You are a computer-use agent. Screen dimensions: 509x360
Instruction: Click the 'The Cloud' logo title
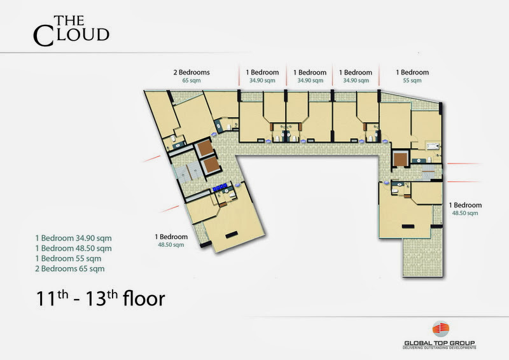click(71, 31)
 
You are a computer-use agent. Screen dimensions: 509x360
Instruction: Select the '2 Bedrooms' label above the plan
click(192, 73)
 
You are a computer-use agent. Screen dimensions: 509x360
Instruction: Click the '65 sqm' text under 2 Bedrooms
click(192, 81)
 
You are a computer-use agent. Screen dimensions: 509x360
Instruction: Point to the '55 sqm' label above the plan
click(412, 81)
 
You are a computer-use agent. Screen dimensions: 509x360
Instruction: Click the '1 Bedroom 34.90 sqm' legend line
click(73, 239)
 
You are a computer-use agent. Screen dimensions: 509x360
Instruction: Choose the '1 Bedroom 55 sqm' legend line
click(68, 259)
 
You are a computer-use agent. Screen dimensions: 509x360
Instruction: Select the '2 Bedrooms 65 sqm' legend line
click(70, 269)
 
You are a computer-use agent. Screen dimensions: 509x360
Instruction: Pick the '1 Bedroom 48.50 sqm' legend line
click(73, 248)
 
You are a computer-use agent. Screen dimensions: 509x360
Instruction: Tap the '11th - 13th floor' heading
click(101, 298)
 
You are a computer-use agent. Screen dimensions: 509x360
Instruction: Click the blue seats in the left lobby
click(220, 187)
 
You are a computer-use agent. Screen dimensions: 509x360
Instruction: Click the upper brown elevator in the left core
click(205, 148)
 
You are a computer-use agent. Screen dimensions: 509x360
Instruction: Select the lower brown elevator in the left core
click(212, 165)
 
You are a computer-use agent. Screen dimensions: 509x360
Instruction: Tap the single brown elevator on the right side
click(400, 159)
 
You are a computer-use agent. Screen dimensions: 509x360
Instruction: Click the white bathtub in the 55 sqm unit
click(433, 146)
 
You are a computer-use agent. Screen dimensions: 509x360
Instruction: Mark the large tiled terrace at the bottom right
click(422, 256)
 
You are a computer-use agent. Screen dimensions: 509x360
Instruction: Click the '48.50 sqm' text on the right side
click(465, 213)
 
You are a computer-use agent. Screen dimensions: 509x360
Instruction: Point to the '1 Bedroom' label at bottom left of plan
click(171, 237)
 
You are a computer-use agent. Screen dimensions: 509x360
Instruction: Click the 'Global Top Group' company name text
click(440, 343)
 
